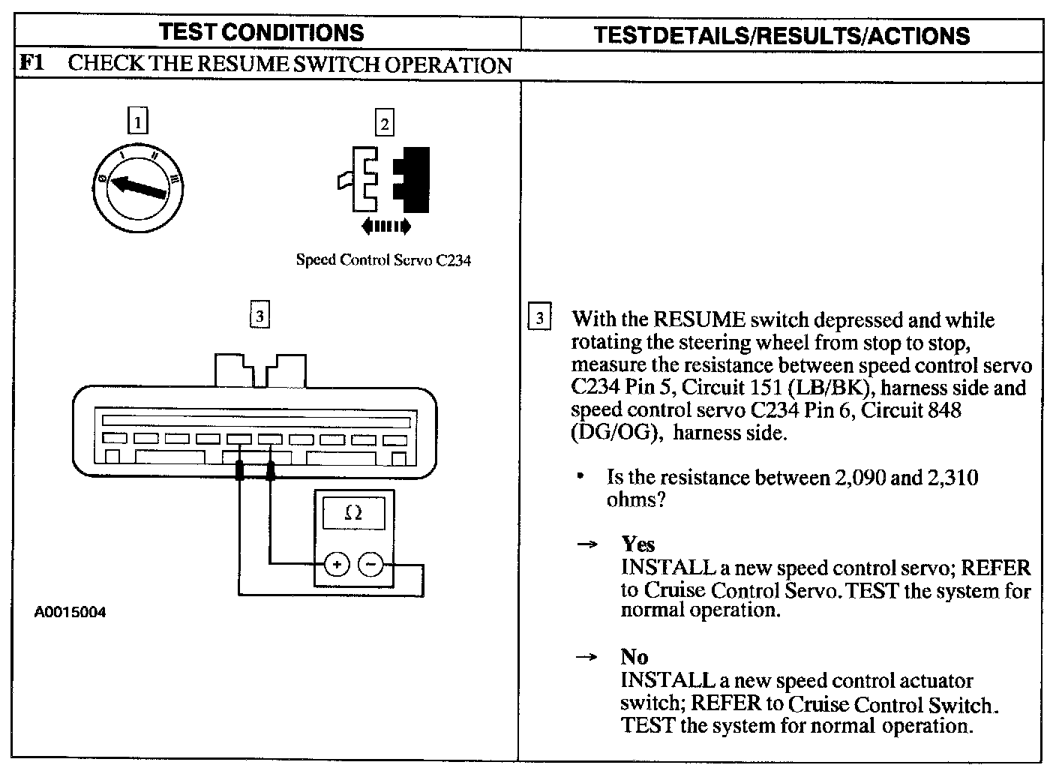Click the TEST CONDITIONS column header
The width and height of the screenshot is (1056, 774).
pyautogui.click(x=262, y=33)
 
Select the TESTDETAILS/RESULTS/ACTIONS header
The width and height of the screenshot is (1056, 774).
pyautogui.click(x=781, y=35)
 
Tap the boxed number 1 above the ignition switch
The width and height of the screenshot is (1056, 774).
pyautogui.click(x=138, y=121)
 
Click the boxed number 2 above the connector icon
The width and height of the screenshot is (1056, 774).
pyautogui.click(x=385, y=122)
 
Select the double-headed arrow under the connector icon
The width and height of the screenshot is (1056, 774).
pyautogui.click(x=385, y=225)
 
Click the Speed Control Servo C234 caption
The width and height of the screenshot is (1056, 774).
pyautogui.click(x=383, y=260)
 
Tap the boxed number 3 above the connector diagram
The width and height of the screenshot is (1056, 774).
pyautogui.click(x=259, y=316)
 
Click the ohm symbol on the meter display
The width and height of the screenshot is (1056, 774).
pyautogui.click(x=353, y=514)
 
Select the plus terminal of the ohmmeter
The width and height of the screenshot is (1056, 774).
pyautogui.click(x=337, y=564)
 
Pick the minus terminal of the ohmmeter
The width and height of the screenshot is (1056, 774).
pyautogui.click(x=370, y=564)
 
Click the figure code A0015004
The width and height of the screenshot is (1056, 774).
pyautogui.click(x=70, y=613)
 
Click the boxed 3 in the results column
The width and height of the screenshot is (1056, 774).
pyautogui.click(x=539, y=318)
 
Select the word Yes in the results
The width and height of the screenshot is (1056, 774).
pyautogui.click(x=637, y=544)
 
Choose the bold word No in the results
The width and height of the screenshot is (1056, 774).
pyautogui.click(x=634, y=657)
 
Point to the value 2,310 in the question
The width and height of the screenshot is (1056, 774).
pyautogui.click(x=952, y=478)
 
